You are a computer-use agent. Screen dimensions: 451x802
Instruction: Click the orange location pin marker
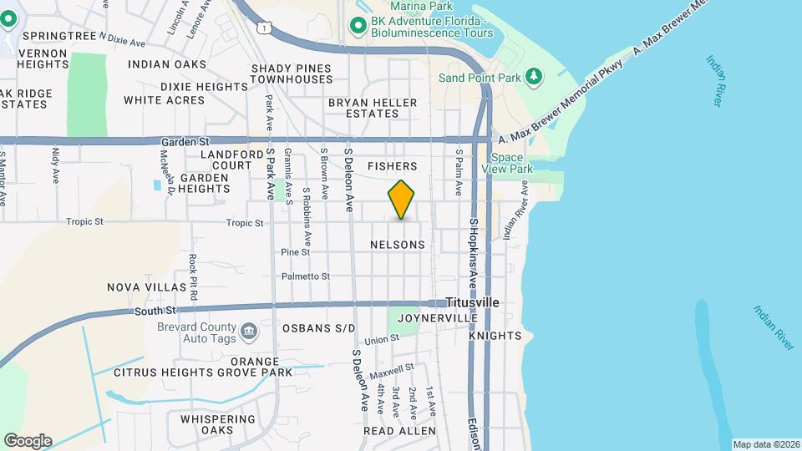[401, 200]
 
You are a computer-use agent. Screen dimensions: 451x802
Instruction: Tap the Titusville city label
[472, 302]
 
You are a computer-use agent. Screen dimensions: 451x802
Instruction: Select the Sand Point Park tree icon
[534, 78]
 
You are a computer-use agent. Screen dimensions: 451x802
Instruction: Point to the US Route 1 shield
[264, 28]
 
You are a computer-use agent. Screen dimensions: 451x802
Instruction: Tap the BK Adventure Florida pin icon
[358, 26]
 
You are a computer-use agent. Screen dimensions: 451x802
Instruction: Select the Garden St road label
[185, 142]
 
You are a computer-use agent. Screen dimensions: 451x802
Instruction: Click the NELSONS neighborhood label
[397, 245]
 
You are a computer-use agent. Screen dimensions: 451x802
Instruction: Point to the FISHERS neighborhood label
[392, 167]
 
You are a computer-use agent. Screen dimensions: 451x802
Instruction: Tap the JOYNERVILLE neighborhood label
[438, 318]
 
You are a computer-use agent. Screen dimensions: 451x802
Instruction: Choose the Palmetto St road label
[306, 276]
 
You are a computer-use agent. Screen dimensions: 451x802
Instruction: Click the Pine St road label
[296, 251]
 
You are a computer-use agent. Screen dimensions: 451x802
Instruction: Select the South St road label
[151, 312]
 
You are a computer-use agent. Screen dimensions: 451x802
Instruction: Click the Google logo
[28, 441]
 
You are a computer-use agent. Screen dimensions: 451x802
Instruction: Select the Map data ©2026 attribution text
[764, 443]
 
